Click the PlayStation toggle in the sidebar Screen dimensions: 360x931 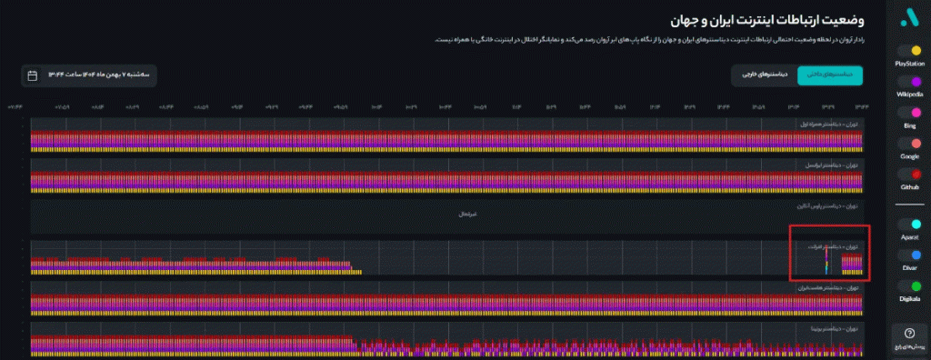[909, 51]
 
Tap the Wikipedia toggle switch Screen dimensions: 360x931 [909, 82]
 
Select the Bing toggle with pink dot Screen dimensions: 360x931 [909, 113]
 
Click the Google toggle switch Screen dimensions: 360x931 [909, 144]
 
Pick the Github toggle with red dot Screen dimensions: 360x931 [909, 174]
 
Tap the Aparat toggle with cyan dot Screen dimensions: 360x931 [909, 224]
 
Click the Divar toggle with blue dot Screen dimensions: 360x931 [909, 255]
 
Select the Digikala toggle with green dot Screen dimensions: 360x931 [909, 285]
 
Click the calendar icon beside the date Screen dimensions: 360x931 [33, 75]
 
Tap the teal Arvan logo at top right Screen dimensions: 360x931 [909, 17]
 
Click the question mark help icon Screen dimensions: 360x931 [909, 334]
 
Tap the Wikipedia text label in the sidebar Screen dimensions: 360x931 [909, 94]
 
